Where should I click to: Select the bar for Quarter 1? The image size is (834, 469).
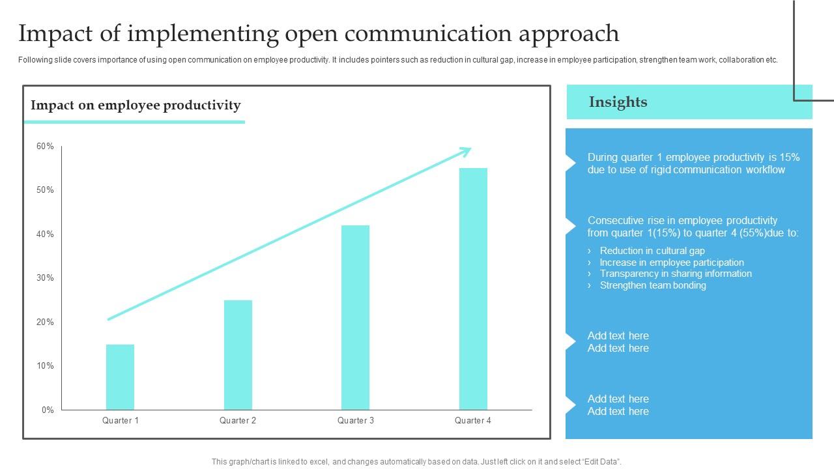coord(120,377)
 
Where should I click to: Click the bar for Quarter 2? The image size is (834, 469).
coord(238,355)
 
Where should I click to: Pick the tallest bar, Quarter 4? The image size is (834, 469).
coord(473,289)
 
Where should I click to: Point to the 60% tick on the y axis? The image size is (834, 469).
coord(45,147)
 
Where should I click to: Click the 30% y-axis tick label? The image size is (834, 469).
coord(45,278)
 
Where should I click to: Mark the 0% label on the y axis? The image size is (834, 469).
coord(48,410)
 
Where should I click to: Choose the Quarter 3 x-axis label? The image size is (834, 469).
coord(356,421)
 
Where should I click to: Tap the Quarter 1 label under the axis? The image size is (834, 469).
coord(121,421)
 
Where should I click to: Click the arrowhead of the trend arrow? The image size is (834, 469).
coord(467,151)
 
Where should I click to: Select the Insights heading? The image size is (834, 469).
coord(618,102)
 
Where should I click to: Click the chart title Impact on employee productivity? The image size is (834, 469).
coord(136,106)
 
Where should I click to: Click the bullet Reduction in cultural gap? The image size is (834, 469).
coord(652,251)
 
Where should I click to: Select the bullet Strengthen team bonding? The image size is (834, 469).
coord(653,285)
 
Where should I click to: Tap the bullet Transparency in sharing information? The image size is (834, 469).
coord(676,274)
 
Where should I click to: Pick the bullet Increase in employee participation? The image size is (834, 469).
coord(672,263)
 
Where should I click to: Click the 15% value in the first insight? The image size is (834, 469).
coord(790,158)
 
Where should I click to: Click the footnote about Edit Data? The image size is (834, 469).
coord(417,462)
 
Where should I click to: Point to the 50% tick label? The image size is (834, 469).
coord(45,190)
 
